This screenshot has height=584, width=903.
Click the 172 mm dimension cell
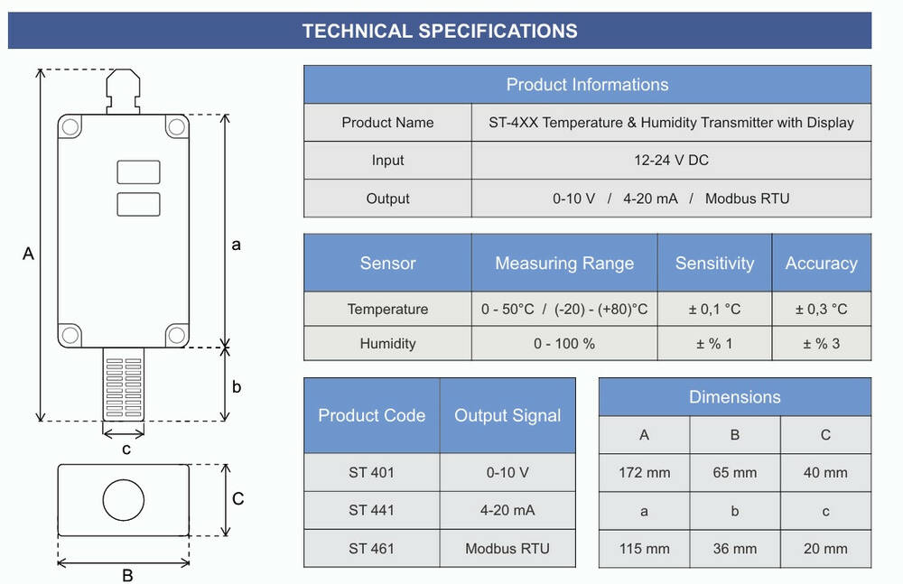(644, 472)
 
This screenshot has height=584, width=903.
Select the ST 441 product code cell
(371, 510)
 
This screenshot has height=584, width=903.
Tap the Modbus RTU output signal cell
(507, 548)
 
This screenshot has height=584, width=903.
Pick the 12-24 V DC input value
(671, 160)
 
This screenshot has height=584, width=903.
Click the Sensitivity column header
(714, 264)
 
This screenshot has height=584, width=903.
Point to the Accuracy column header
(821, 264)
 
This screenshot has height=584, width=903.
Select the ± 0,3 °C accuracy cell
(821, 310)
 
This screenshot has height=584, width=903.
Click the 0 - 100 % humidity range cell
(564, 344)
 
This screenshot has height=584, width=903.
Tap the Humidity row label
(387, 344)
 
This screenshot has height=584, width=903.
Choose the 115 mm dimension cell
(644, 548)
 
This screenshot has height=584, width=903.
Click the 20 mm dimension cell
(825, 548)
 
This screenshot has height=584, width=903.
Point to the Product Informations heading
(588, 85)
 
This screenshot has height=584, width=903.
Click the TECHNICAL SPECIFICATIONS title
(440, 31)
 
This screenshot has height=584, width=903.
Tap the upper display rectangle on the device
(138, 172)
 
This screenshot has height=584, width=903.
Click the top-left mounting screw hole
(70, 126)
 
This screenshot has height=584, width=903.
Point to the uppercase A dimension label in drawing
(28, 254)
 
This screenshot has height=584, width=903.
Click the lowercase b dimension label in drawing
(236, 386)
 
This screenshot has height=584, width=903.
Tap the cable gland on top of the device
(123, 91)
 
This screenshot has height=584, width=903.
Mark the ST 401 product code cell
(371, 472)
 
